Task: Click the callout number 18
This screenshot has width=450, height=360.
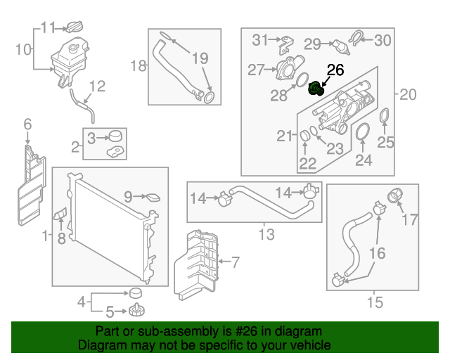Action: coord(139,66)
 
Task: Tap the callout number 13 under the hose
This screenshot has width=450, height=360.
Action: coord(266,235)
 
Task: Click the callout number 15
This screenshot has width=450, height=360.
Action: coord(375,303)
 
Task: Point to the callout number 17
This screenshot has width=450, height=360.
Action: coord(409,221)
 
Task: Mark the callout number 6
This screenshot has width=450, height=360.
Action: coord(27,124)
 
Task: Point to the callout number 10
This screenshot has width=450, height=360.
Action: coord(23,49)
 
